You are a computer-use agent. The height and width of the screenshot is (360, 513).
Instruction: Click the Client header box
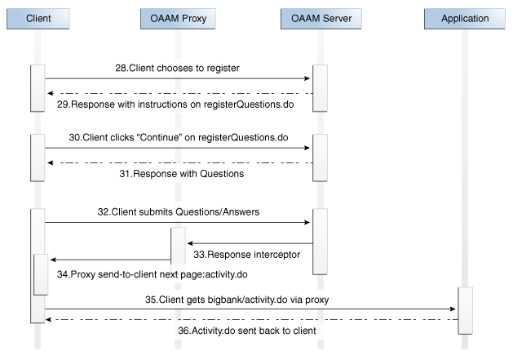point(39,18)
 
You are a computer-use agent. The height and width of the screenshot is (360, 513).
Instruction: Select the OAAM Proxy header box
point(178,18)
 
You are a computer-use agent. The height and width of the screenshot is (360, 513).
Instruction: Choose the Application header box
point(465,18)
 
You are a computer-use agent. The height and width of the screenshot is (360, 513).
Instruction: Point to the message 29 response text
point(185,105)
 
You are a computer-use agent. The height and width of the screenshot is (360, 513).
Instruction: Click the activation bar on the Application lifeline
point(465,310)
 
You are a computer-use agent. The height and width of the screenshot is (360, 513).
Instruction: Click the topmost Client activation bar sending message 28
point(38,87)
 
